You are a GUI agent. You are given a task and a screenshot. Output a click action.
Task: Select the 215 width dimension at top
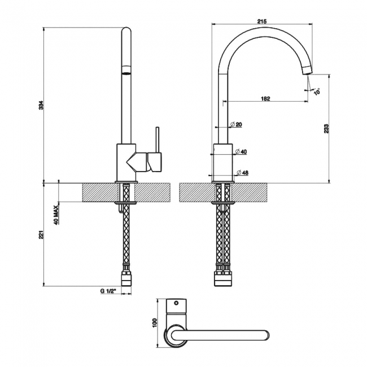[x=261, y=20]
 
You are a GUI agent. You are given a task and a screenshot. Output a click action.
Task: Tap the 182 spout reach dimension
[x=265, y=98]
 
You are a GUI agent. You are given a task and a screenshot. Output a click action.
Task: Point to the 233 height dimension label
[x=327, y=128]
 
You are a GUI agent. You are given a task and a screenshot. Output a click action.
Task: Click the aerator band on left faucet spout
[x=126, y=73]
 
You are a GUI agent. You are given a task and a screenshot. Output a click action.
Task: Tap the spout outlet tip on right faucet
[x=307, y=70]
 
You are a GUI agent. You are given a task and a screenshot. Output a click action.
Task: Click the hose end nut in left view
[x=126, y=277]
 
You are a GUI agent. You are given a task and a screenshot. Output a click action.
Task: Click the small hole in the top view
[x=176, y=303]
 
